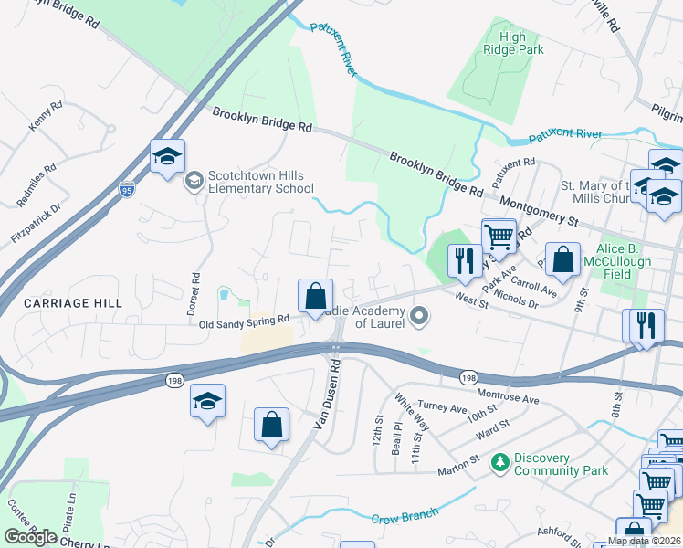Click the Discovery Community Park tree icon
point(499,464)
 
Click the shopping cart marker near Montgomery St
point(499,237)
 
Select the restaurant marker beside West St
point(465,262)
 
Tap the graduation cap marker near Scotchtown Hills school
point(168,157)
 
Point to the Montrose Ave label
point(508,400)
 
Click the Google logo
point(30,537)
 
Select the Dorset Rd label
point(194,293)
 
